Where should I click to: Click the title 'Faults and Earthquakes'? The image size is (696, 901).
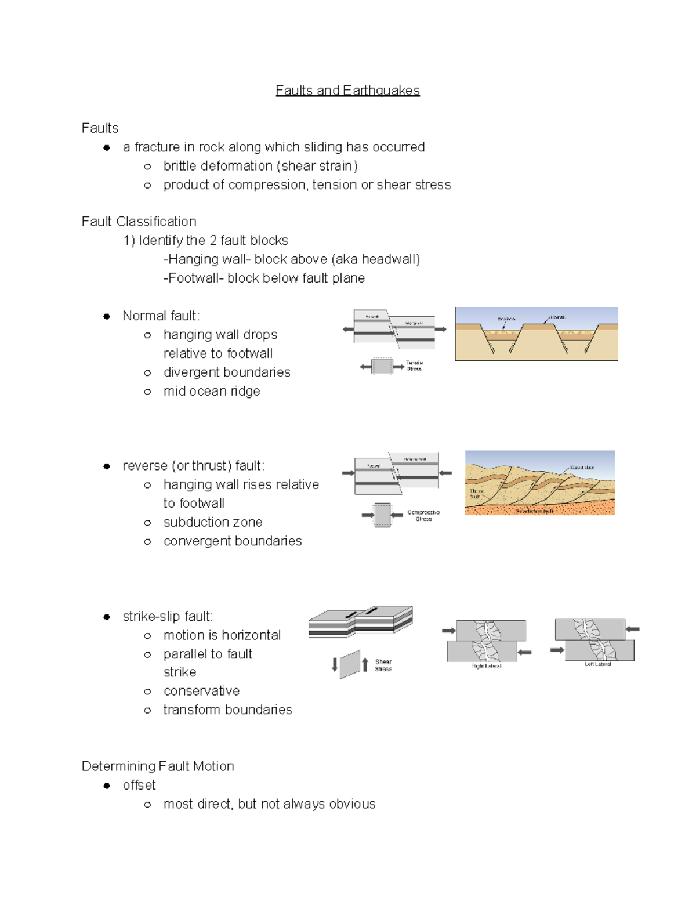[x=347, y=91]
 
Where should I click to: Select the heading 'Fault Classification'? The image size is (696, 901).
[x=139, y=222]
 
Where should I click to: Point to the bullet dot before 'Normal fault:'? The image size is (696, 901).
[x=107, y=316]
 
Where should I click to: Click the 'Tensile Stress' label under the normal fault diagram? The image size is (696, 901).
[x=414, y=366]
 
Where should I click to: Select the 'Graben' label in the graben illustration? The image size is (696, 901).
[x=506, y=319]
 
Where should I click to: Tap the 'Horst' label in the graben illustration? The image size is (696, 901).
[x=558, y=317]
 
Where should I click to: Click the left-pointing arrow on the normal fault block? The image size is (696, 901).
[x=348, y=330]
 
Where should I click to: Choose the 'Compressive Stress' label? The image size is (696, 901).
[x=423, y=516]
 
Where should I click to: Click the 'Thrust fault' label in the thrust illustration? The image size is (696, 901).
[x=476, y=494]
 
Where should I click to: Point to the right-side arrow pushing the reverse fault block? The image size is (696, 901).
[x=445, y=473]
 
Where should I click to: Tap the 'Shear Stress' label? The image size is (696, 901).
[x=383, y=665]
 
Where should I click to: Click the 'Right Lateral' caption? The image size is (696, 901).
[x=486, y=666]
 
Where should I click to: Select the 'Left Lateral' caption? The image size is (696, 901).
[x=597, y=664]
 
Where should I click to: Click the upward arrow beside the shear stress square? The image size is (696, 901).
[x=365, y=664]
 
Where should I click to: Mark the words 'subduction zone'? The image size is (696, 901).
[x=213, y=522]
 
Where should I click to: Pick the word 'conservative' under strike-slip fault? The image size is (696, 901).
[x=201, y=691]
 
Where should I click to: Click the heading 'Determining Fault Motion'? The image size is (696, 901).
[x=158, y=766]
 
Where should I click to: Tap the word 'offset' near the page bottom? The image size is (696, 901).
[x=139, y=786]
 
